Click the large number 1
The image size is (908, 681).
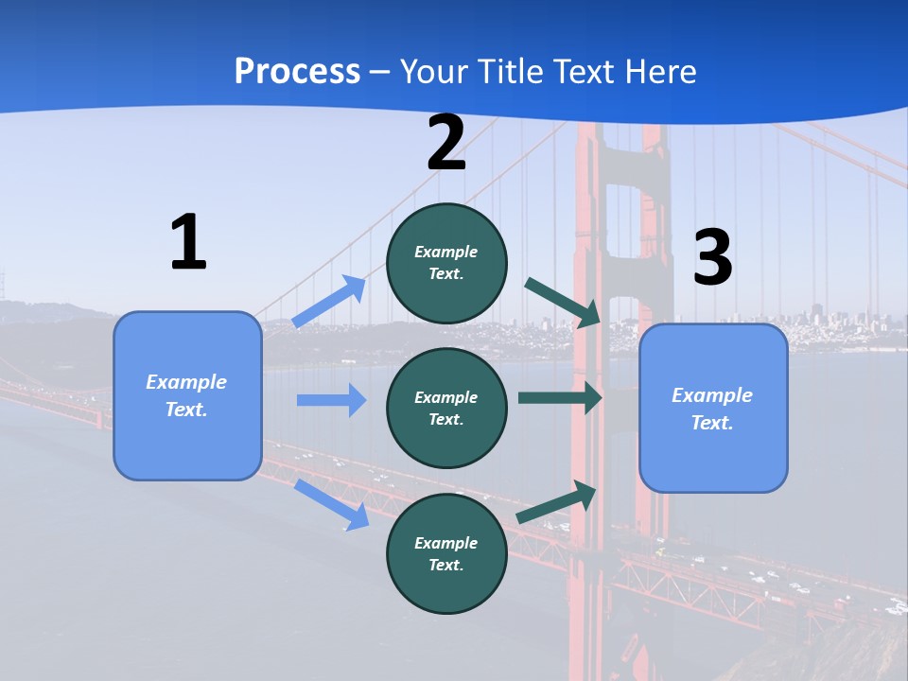point(188,243)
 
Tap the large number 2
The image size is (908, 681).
point(446,144)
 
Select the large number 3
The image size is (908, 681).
point(712,258)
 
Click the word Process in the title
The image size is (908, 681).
point(297,71)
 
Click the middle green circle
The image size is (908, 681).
point(446,408)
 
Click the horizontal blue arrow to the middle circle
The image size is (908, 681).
point(331,400)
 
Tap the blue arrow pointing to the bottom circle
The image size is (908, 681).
point(331,504)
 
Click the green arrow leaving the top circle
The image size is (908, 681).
point(564,303)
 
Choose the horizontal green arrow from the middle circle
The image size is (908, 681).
point(559,398)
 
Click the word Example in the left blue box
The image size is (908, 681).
point(186,382)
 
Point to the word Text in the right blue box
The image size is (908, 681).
point(711,423)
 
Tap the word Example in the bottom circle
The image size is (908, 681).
point(446,543)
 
